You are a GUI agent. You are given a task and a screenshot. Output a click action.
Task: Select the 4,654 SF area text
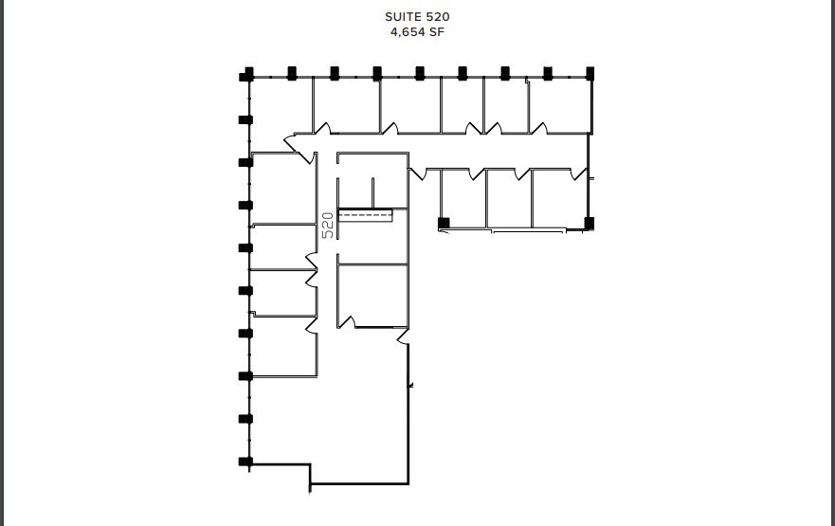(417, 31)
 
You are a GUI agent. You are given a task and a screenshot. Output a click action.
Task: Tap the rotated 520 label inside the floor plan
(328, 224)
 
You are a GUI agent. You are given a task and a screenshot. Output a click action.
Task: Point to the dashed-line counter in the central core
(365, 216)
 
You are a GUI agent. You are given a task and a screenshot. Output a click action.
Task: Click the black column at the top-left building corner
(248, 73)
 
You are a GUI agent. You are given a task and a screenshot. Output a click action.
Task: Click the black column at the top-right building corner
(590, 73)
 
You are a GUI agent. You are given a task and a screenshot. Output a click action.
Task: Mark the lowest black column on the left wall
(245, 462)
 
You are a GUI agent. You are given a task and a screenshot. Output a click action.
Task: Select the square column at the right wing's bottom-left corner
(443, 224)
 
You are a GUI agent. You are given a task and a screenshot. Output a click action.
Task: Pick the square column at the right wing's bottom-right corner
(589, 224)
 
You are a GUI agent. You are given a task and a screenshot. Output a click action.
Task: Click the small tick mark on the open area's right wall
(410, 385)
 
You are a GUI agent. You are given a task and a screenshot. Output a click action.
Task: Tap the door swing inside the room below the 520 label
(347, 322)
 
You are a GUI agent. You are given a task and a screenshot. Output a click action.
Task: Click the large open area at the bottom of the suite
(360, 417)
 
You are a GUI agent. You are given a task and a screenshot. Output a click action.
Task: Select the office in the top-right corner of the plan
(559, 104)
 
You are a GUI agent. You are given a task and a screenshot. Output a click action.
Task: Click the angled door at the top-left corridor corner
(289, 142)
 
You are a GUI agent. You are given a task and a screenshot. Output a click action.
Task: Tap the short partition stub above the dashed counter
(373, 192)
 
